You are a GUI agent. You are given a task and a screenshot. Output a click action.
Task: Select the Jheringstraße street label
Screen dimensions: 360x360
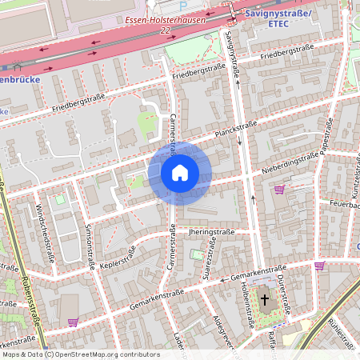click(212, 232)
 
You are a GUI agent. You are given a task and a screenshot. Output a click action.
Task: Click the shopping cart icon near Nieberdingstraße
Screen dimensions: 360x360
click(279, 190)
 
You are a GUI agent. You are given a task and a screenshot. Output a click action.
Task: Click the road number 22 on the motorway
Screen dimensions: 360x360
click(166, 30)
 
